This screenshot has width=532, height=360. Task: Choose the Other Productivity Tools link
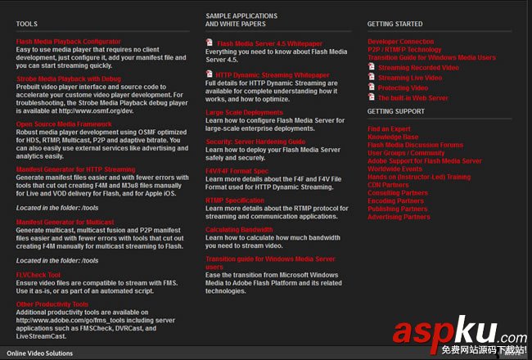coord(52,304)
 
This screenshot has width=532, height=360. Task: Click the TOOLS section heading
coord(26,25)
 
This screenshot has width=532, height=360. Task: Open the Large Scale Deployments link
coord(244,112)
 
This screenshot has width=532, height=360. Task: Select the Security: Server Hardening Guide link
coord(255,142)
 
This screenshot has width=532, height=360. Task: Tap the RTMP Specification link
coord(235,200)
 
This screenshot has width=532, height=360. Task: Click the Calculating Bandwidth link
coord(239,229)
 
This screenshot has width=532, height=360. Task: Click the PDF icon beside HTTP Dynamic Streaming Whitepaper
coord(210,74)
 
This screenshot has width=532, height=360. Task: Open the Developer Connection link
coord(401,41)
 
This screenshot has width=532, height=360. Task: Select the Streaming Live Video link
coord(409,78)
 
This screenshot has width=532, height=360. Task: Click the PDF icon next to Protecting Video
coord(372,88)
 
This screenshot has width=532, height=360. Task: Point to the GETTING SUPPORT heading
coord(396,110)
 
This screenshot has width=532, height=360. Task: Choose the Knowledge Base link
coord(393,137)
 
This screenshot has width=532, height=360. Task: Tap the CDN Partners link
coord(388,185)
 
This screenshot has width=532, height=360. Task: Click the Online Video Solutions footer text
coord(39,353)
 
